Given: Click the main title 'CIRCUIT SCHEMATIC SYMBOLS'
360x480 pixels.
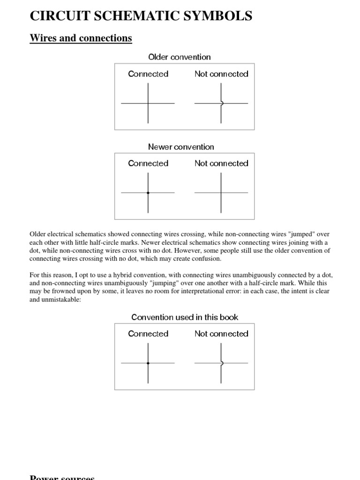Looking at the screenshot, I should (x=141, y=16).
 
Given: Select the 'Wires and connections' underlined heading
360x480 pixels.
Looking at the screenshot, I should (x=81, y=38).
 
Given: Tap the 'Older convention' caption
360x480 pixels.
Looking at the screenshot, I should (x=180, y=57).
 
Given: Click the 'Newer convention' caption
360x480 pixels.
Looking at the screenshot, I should (x=181, y=147).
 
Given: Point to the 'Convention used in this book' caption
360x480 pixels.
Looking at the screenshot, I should (x=185, y=317).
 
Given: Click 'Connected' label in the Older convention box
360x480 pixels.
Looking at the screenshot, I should (x=148, y=74).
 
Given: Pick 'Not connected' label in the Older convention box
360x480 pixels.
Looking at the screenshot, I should (x=221, y=74).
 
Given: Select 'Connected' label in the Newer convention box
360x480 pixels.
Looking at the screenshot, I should (x=148, y=164).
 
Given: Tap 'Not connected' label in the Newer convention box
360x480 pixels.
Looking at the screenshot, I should (x=221, y=164).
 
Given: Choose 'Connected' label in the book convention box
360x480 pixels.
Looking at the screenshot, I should (x=148, y=334).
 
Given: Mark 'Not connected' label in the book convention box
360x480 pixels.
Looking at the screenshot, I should (x=221, y=334).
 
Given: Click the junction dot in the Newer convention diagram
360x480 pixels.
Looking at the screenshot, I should (x=148, y=193).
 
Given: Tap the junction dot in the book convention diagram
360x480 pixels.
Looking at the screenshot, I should (x=148, y=363).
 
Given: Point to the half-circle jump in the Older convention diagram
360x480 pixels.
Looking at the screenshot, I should (x=222, y=103).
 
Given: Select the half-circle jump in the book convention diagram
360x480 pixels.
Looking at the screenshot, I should (x=222, y=363).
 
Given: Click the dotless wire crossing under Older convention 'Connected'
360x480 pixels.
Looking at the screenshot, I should (x=148, y=103).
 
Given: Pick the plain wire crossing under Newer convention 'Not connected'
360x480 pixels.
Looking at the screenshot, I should (x=221, y=193).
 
